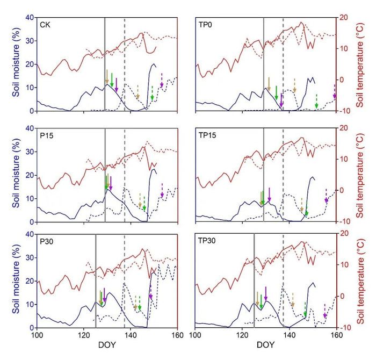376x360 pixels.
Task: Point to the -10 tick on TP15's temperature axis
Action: (345, 222)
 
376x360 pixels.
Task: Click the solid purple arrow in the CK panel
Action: (117, 84)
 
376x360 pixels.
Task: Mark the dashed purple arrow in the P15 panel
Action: (162, 190)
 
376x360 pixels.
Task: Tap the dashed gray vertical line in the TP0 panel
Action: (283, 64)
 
